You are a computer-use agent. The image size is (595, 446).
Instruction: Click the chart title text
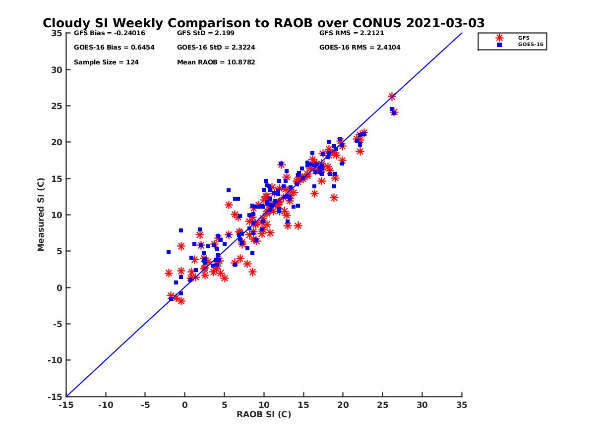(x=263, y=23)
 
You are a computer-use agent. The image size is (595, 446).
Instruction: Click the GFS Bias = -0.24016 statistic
(x=110, y=33)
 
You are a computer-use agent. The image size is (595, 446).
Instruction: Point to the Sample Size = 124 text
(x=106, y=62)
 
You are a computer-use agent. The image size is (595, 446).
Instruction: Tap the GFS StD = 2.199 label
(x=206, y=33)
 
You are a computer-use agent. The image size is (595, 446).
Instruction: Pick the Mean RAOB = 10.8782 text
(x=216, y=62)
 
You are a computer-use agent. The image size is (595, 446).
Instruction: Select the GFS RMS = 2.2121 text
(x=352, y=33)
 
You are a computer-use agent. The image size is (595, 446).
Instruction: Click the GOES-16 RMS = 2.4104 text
(x=360, y=48)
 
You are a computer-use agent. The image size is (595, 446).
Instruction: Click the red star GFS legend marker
(x=499, y=38)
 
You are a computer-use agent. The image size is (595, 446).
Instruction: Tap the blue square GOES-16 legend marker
(x=499, y=45)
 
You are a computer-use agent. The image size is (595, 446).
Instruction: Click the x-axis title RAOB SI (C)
(x=264, y=414)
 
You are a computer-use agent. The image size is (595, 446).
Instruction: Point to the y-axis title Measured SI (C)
(x=41, y=215)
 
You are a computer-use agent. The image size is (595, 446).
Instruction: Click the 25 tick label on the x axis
(x=382, y=405)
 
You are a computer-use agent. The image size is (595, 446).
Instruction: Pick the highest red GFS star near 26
(x=392, y=97)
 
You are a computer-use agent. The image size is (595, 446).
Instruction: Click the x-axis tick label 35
(x=462, y=405)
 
